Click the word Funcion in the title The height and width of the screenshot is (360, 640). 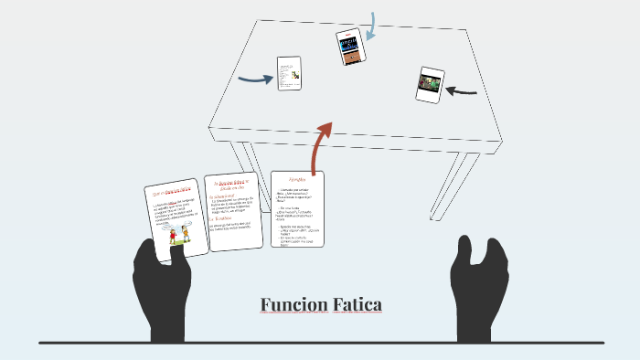coord(291,304)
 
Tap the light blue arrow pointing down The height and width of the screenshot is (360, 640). coord(370,27)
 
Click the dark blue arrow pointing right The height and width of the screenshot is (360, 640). coord(256,79)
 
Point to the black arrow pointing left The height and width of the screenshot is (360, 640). coord(464,90)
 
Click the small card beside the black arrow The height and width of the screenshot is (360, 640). coord(431,83)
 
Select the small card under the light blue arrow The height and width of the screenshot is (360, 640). coord(351,47)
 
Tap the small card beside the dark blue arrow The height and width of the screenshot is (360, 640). coord(289,73)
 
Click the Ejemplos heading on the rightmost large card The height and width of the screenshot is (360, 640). coord(298,180)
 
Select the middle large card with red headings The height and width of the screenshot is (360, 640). coord(233,212)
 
